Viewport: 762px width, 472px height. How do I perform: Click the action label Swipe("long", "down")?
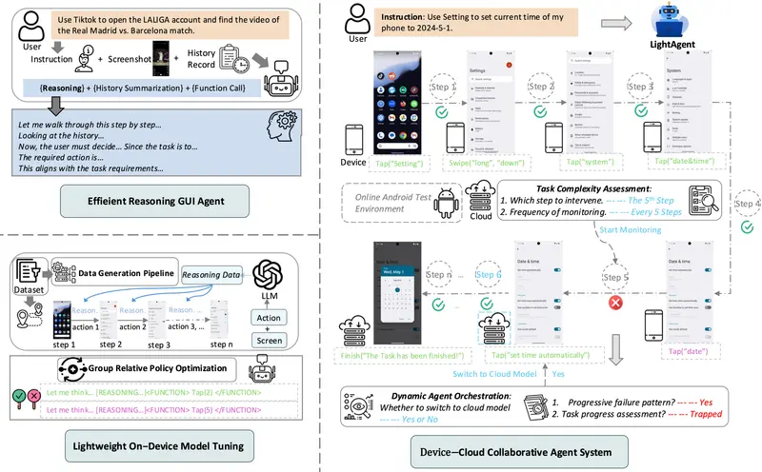(495, 162)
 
